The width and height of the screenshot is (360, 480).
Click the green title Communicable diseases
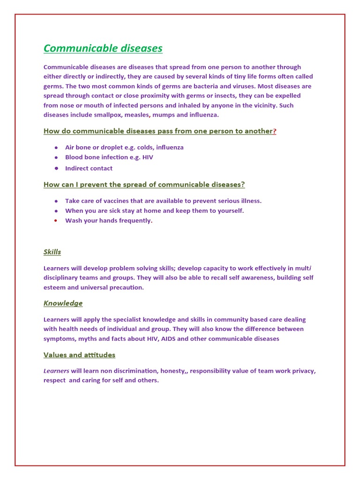coord(103,48)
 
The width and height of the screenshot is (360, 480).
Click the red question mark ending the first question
coord(275,131)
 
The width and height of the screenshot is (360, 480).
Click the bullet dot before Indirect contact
coord(56,168)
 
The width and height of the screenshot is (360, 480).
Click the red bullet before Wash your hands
coord(56,220)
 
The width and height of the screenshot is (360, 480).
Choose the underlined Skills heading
coord(52,252)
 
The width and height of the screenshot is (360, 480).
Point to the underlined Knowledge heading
coord(63,303)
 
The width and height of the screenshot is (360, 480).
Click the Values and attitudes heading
coord(79,355)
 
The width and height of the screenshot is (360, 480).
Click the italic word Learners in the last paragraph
coord(56,371)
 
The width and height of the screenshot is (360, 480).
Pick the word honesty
coord(173,371)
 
